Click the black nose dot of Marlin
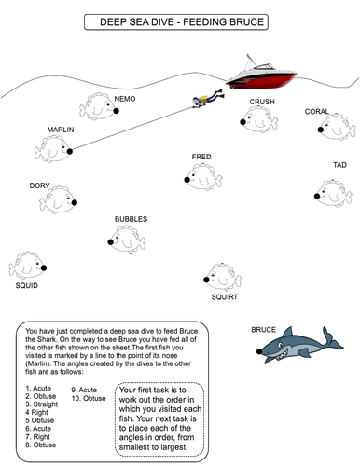[70, 151]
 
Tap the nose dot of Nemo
[116, 111]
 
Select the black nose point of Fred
[187, 180]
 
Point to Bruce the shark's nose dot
[259, 351]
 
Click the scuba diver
[207, 98]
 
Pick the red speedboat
[261, 74]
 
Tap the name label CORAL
[316, 111]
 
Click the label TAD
[339, 165]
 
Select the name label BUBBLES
[131, 219]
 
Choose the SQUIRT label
[225, 297]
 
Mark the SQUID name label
[27, 285]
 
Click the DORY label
[39, 185]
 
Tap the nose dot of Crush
[242, 122]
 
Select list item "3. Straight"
[42, 404]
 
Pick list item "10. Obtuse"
[89, 398]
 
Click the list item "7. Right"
[37, 437]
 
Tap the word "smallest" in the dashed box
[134, 447]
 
